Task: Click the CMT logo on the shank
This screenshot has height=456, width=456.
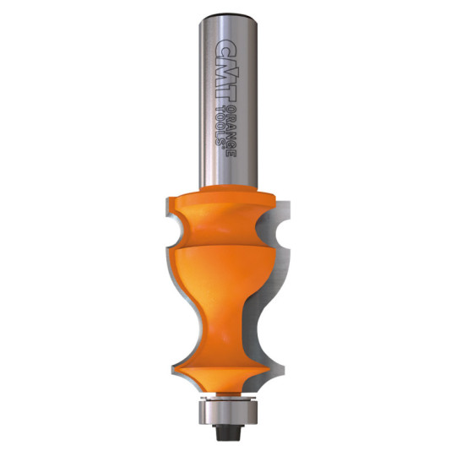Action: (x=227, y=72)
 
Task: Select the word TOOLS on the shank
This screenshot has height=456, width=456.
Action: (x=220, y=126)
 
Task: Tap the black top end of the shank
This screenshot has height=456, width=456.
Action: (x=228, y=14)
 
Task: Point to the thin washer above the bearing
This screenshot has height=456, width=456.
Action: (x=228, y=398)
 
